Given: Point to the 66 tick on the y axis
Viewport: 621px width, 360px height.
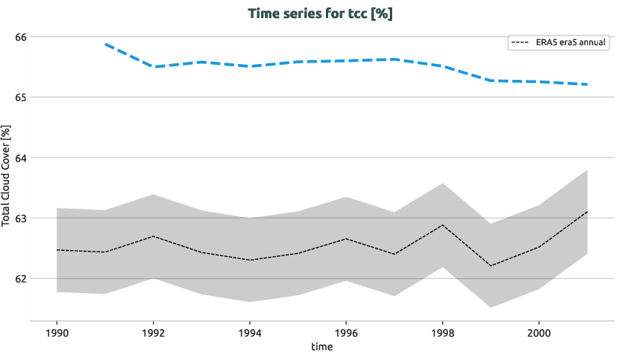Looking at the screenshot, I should point(20,37).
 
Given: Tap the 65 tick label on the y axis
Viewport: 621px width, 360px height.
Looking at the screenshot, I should point(20,97).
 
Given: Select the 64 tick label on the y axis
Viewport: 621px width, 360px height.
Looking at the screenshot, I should point(20,157).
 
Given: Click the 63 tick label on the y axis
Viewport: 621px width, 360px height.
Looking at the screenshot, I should point(20,218).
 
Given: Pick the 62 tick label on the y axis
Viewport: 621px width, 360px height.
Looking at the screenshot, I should point(20,278).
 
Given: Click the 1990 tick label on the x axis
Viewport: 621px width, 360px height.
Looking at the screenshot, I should point(57,332).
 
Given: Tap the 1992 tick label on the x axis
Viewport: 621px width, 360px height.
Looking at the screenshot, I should point(154,332).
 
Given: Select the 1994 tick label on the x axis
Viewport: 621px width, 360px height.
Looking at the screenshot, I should point(250,332).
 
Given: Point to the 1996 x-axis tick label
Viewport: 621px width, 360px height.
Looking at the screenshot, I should point(346,332).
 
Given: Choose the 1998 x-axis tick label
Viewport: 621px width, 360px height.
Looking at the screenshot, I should point(443,332).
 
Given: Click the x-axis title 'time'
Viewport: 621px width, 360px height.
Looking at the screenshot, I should point(321,347).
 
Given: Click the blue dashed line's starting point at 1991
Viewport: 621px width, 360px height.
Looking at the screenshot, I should point(105,44).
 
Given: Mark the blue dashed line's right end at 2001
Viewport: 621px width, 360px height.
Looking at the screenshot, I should point(587,84).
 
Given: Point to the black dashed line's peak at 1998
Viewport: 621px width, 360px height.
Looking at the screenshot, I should point(443,225).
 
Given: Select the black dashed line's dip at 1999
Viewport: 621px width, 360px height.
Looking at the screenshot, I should point(491,266).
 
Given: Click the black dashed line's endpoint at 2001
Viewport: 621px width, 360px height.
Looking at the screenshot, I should point(587,212).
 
